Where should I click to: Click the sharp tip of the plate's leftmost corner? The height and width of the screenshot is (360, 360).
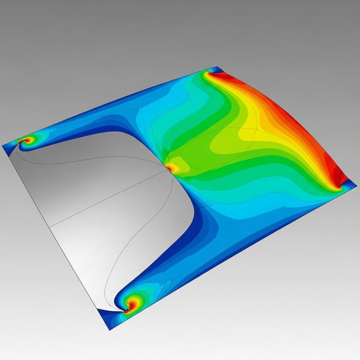pos(2,146)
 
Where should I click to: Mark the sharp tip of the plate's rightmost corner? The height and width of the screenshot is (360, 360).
pos(356,184)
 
